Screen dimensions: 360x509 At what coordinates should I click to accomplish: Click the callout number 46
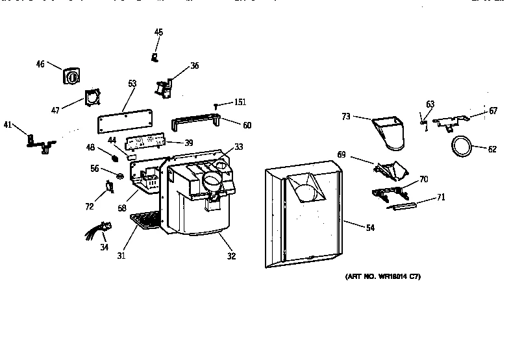40,64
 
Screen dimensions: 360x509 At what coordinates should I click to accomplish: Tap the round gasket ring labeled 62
462,147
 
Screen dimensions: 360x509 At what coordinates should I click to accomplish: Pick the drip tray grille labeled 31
145,221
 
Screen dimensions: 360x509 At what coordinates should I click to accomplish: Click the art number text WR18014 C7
382,277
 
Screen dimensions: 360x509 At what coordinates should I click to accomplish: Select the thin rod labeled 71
401,206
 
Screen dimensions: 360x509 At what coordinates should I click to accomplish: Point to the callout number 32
232,256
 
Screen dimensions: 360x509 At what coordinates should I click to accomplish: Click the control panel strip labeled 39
146,141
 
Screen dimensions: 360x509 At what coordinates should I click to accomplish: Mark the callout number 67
493,111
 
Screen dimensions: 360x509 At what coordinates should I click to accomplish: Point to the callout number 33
239,147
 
